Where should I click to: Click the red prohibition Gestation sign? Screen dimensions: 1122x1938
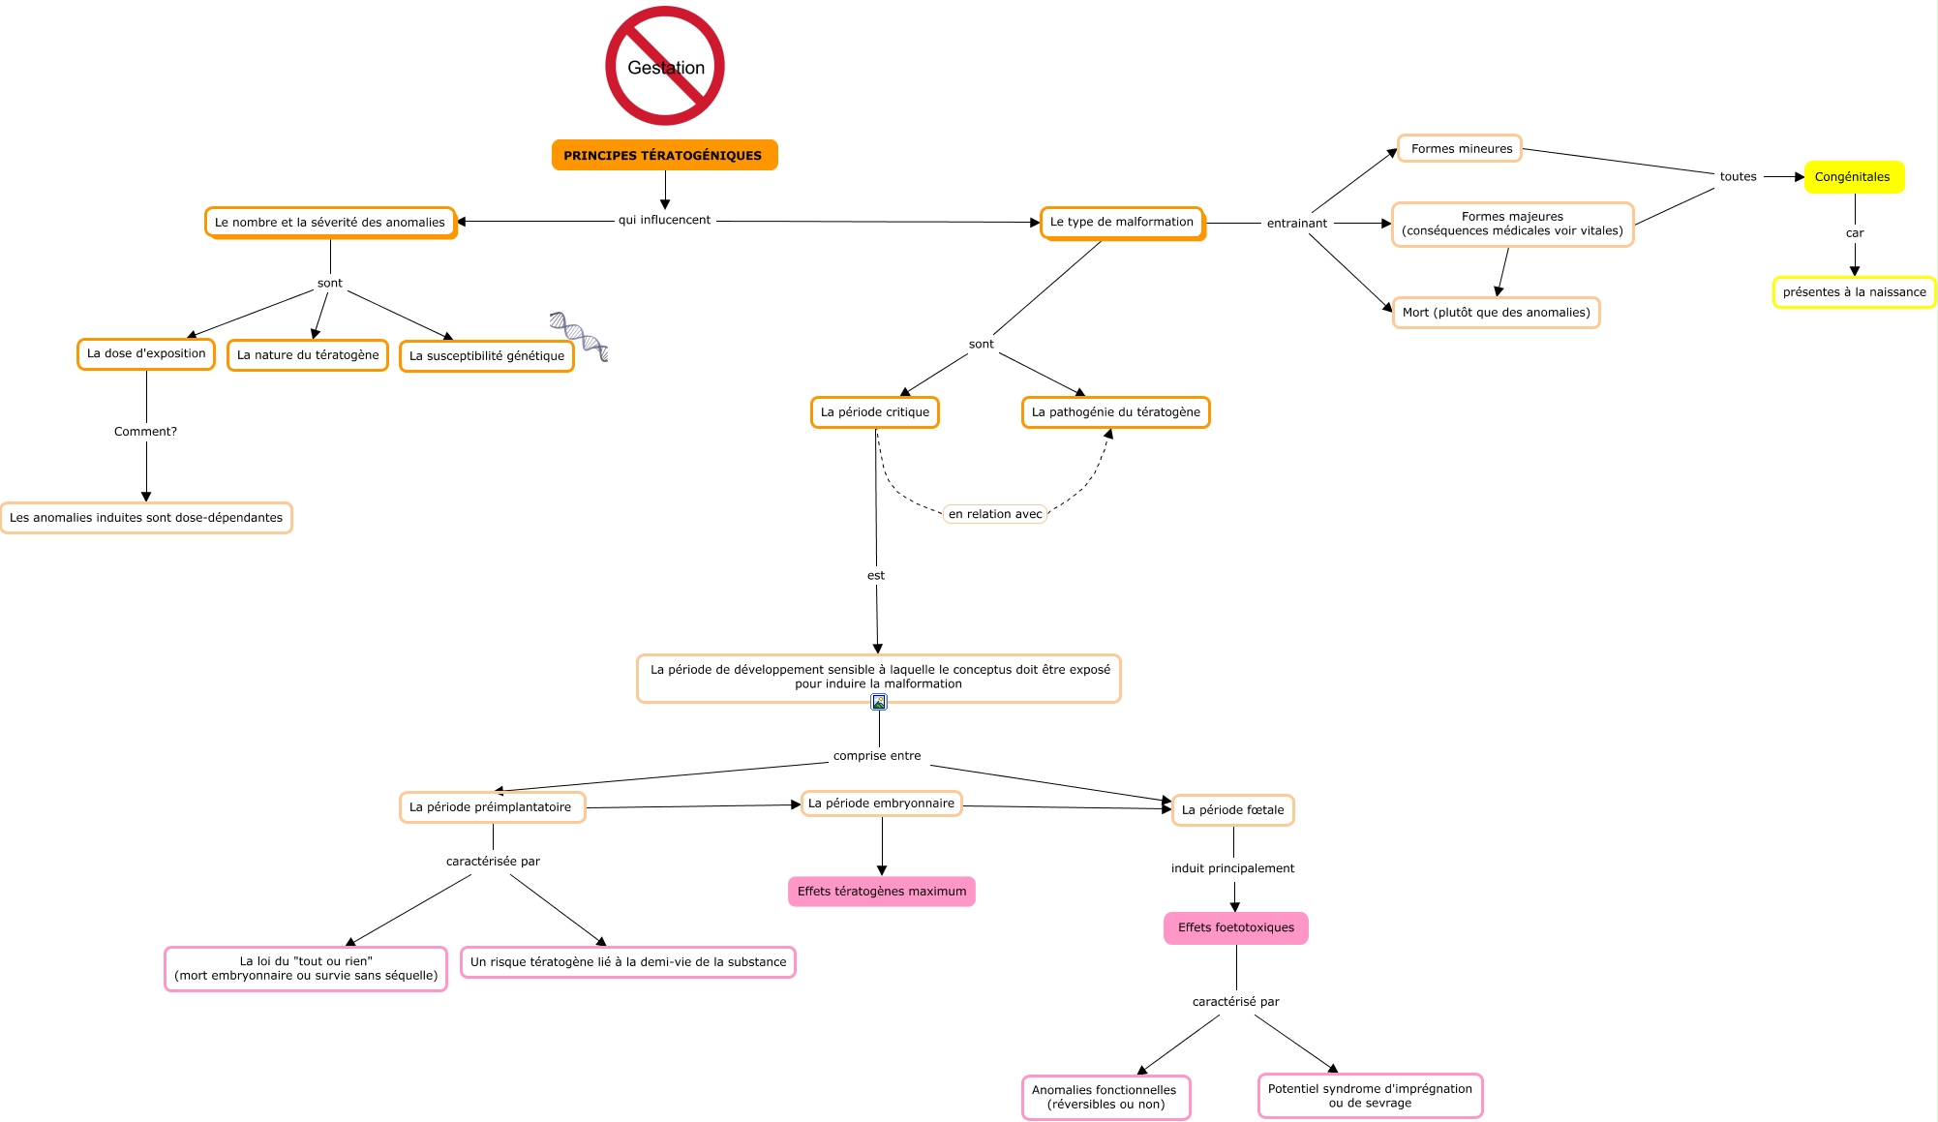665,66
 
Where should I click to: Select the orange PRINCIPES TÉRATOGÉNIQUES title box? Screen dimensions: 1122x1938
664,155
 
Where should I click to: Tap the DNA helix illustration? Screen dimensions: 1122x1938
579,336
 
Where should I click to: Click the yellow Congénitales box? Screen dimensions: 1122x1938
1854,177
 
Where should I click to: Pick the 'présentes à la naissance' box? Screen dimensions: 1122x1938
1854,292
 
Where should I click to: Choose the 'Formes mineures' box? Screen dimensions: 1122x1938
1460,149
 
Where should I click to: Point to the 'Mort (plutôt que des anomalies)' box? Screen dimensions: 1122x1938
1496,313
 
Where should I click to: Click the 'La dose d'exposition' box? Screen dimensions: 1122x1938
146,354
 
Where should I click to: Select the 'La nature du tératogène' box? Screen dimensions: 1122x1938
308,355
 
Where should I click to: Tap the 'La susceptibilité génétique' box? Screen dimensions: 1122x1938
487,356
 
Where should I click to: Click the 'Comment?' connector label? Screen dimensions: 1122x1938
145,432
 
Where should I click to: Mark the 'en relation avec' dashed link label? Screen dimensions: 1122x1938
995,514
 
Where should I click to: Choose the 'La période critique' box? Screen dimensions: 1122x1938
875,412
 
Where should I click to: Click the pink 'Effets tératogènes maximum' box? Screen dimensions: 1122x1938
882,892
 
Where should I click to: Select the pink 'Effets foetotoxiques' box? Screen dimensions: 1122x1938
1235,927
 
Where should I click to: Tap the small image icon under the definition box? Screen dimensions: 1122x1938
879,702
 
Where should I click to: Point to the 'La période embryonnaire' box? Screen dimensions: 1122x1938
881,804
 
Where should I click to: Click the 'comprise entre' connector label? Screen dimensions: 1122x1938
877,756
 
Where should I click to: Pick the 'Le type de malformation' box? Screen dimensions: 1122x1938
1122,223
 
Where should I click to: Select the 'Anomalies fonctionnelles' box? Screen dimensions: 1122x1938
1105,1097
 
